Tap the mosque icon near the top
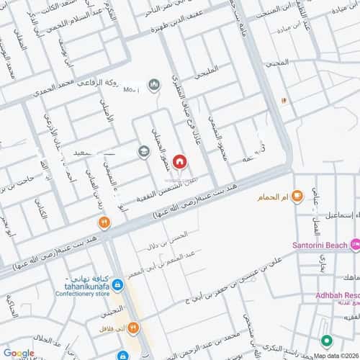pyautogui.click(x=153, y=86)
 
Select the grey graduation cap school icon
pyautogui.click(x=144, y=152)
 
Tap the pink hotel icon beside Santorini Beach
pyautogui.click(x=355, y=246)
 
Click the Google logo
pyautogui.click(x=19, y=353)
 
